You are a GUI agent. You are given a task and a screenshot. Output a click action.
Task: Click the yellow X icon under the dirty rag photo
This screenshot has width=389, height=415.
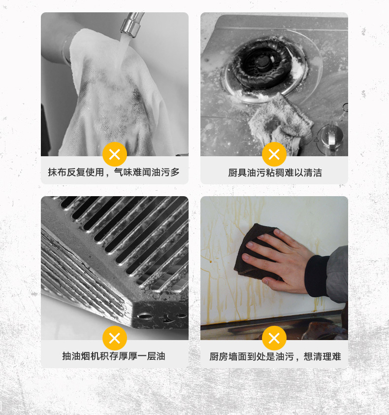pos(115,155)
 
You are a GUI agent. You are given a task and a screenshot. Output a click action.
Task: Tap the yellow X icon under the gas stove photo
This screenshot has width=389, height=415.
pos(274,155)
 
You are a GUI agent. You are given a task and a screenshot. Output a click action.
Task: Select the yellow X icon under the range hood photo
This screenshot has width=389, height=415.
pos(115,339)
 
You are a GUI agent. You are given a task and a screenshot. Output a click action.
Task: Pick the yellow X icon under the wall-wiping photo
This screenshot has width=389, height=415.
pos(274,339)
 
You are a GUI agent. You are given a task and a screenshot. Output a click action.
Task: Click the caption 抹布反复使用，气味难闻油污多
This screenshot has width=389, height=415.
pos(114,173)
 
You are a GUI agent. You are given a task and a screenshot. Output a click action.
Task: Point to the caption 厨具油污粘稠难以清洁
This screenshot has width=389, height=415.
pos(275,173)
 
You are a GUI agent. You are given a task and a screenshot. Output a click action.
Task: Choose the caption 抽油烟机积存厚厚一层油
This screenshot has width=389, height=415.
pos(114,356)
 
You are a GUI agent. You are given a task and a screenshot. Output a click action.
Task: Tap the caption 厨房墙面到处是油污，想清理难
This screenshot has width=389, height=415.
pos(275,356)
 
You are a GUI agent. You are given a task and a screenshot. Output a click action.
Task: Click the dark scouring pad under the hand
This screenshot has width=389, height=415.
pos(251,246)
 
